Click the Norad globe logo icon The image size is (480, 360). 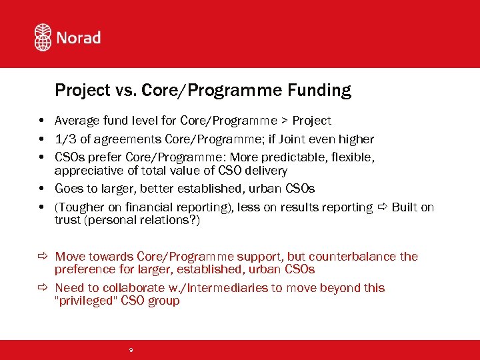43,37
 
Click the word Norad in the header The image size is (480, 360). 78,37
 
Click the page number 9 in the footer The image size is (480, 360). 131,349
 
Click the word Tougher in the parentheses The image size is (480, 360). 81,207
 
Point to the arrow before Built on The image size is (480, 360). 382,207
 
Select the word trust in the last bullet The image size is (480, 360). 67,220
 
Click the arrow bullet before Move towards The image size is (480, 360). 41,257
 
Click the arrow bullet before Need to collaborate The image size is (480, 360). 41,288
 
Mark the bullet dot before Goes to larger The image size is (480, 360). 41,189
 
